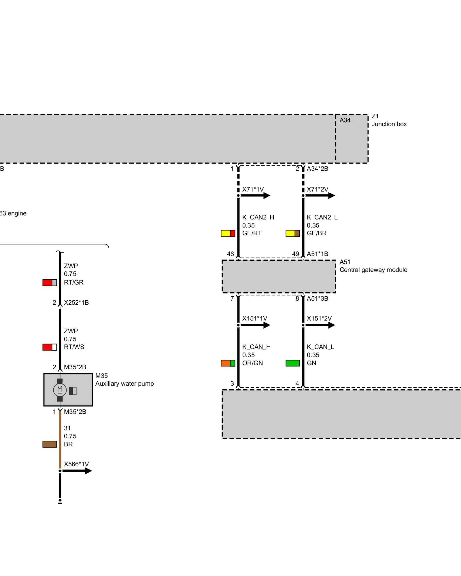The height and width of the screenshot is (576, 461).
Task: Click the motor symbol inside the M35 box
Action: pos(60,390)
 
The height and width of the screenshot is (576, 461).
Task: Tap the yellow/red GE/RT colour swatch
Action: pos(228,233)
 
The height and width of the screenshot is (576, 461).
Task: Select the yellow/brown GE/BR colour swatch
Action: pos(292,233)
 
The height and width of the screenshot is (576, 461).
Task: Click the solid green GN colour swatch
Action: pos(292,363)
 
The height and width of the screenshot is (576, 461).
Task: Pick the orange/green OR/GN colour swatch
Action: pos(228,363)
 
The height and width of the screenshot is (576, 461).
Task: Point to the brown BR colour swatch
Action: pos(50,444)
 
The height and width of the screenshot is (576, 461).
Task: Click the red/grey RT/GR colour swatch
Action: pos(50,283)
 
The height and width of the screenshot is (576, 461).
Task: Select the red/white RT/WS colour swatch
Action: pos(50,347)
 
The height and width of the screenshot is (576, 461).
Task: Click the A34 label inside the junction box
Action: pos(345,120)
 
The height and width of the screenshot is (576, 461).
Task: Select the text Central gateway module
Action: pos(373,270)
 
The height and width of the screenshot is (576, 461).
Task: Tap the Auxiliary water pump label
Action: pos(124,384)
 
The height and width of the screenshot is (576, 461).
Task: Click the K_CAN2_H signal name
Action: pos(258,217)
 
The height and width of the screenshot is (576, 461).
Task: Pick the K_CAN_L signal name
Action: pos(320,347)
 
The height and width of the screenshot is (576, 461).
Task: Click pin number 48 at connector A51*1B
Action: pos(230,254)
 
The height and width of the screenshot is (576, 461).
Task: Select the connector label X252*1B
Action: pos(76,302)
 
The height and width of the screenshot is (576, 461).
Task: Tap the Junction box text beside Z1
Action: pos(389,124)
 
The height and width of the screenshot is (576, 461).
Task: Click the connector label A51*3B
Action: pos(317,298)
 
